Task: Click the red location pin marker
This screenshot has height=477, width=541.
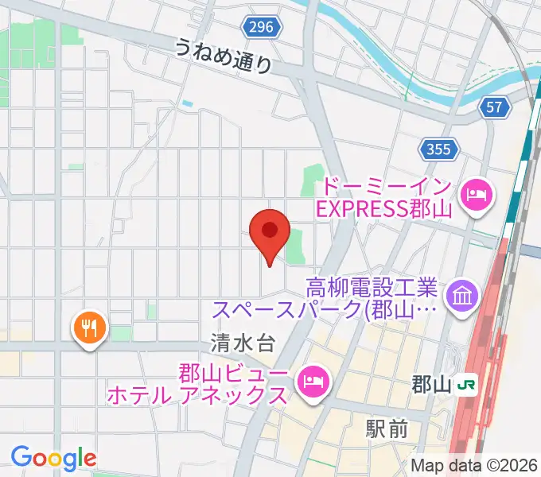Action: point(269,232)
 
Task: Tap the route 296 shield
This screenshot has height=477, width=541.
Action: point(259,27)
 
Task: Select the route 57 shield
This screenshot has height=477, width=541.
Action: point(496,107)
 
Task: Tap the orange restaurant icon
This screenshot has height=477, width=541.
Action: point(88,326)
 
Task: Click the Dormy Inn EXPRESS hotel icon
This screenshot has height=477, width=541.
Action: point(477,193)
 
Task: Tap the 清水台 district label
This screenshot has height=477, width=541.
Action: point(243,343)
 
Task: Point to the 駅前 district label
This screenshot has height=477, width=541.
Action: point(387,430)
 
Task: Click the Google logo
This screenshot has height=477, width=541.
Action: point(53,457)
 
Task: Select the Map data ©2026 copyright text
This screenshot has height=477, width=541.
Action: point(474,465)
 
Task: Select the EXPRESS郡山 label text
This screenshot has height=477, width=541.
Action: point(384,210)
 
